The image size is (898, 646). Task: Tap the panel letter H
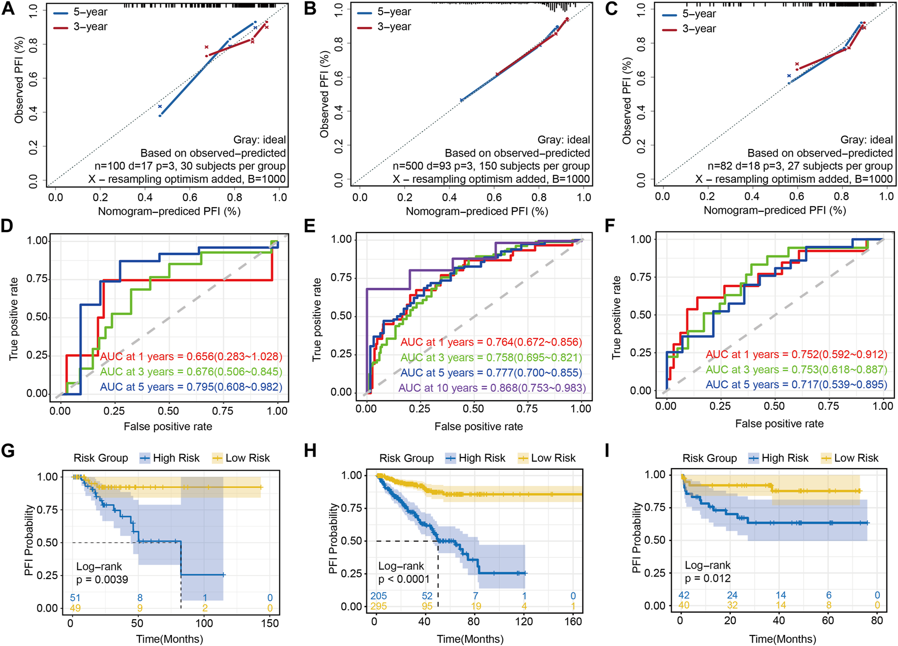[310, 450]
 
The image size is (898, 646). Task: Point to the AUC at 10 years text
[492, 388]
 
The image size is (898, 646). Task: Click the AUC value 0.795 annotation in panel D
[191, 387]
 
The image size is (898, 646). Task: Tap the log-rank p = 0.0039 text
[102, 580]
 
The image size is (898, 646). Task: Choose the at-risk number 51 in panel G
[75, 598]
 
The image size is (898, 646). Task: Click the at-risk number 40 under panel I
[684, 605]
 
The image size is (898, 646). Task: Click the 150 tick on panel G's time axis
[270, 624]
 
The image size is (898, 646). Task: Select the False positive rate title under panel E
[478, 427]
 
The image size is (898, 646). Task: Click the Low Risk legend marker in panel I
[826, 459]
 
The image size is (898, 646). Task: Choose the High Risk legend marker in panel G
[145, 459]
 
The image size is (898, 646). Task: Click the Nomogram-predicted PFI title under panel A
[169, 211]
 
